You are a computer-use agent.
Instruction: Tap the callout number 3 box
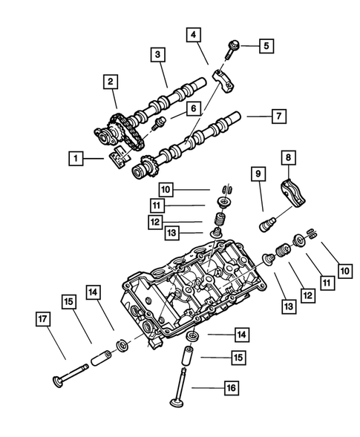(157, 54)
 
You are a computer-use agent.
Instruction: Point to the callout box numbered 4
(192, 35)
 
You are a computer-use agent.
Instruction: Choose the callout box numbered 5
(266, 46)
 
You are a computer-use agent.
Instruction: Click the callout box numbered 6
(192, 108)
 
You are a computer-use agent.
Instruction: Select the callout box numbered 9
(258, 174)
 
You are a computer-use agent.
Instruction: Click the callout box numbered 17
(43, 320)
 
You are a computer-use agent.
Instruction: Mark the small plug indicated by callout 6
(157, 122)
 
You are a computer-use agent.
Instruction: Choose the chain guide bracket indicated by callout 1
(118, 157)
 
